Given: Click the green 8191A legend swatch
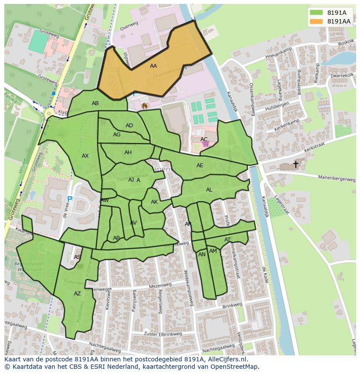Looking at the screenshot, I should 316,13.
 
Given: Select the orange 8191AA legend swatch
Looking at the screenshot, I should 316,21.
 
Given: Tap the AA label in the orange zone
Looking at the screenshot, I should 153,66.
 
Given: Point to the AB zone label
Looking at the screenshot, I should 95,103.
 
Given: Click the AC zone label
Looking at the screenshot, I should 204,139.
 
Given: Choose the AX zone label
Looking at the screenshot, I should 85,156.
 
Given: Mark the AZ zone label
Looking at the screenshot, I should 77,294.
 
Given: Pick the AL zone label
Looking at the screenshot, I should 209,190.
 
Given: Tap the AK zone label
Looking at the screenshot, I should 154,202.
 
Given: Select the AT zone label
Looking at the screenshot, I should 227,240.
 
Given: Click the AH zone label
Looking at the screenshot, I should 128,152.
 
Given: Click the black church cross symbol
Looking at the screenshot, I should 296,164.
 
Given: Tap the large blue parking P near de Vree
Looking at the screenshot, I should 70,200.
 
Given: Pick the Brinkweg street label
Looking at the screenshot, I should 232,306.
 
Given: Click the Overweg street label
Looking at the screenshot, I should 128,27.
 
